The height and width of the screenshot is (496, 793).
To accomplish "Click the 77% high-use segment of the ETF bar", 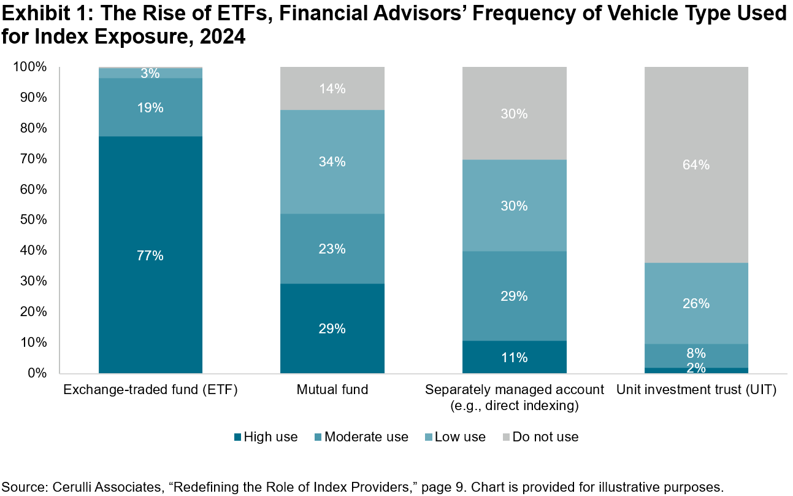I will pos(150,255).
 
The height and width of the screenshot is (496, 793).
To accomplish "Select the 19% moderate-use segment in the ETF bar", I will pos(150,107).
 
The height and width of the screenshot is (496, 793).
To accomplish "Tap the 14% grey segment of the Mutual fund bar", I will pos(332,88).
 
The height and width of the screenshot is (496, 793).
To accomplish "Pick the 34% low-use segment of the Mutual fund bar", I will pos(332,162).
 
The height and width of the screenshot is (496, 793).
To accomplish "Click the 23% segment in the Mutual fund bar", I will pos(332,249).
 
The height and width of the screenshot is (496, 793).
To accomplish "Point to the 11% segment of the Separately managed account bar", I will pos(514,357).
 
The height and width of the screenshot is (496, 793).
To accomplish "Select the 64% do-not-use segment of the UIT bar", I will pos(696,165).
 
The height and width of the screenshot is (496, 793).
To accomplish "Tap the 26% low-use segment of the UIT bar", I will pos(696,303).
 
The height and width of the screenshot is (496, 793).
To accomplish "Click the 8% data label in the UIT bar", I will pos(696,353).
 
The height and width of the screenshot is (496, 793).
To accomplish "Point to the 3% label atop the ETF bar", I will pos(150,74).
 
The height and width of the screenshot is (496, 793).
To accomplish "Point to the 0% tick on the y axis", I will pos(37,373).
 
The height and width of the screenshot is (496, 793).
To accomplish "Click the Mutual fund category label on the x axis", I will pos(332,390).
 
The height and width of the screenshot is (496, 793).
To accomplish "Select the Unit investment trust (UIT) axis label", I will pos(696,390).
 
